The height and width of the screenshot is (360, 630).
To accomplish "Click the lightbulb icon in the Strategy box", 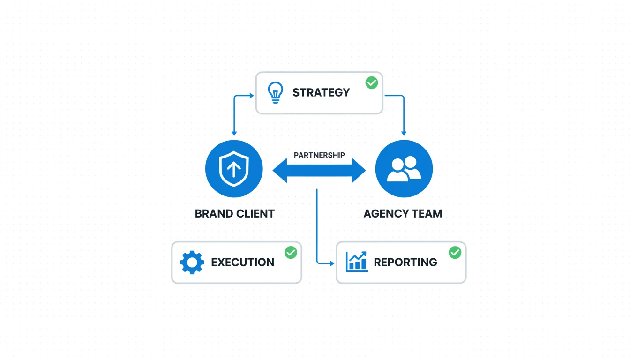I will click(x=275, y=92).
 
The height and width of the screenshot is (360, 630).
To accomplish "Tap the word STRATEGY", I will click(x=321, y=92).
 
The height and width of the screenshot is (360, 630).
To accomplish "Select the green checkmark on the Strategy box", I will click(x=372, y=83).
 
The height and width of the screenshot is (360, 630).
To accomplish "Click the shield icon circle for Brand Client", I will click(x=234, y=169).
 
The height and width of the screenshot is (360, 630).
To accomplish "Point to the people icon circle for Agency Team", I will click(x=404, y=169).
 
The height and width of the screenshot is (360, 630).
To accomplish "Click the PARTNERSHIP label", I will click(x=319, y=155).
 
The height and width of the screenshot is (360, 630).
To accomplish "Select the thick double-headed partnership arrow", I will click(x=319, y=170).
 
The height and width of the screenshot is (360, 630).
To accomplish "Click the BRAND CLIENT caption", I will click(x=234, y=214).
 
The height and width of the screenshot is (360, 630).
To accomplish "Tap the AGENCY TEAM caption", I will click(x=403, y=214).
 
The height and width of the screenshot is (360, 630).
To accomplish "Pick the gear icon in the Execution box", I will click(x=192, y=262).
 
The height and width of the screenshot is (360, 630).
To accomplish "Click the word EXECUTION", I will click(x=242, y=262).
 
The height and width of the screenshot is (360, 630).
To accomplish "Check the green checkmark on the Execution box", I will click(x=291, y=253).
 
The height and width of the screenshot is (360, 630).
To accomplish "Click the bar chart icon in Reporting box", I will click(x=357, y=262).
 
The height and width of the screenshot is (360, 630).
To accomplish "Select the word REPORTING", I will click(x=405, y=262).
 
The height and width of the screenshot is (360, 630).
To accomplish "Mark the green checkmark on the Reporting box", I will click(x=455, y=253).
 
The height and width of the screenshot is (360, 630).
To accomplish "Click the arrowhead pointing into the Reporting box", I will click(x=332, y=263).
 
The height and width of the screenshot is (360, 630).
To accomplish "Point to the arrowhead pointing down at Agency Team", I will click(x=404, y=134).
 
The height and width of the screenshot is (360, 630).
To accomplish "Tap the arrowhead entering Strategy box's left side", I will click(x=251, y=96).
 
